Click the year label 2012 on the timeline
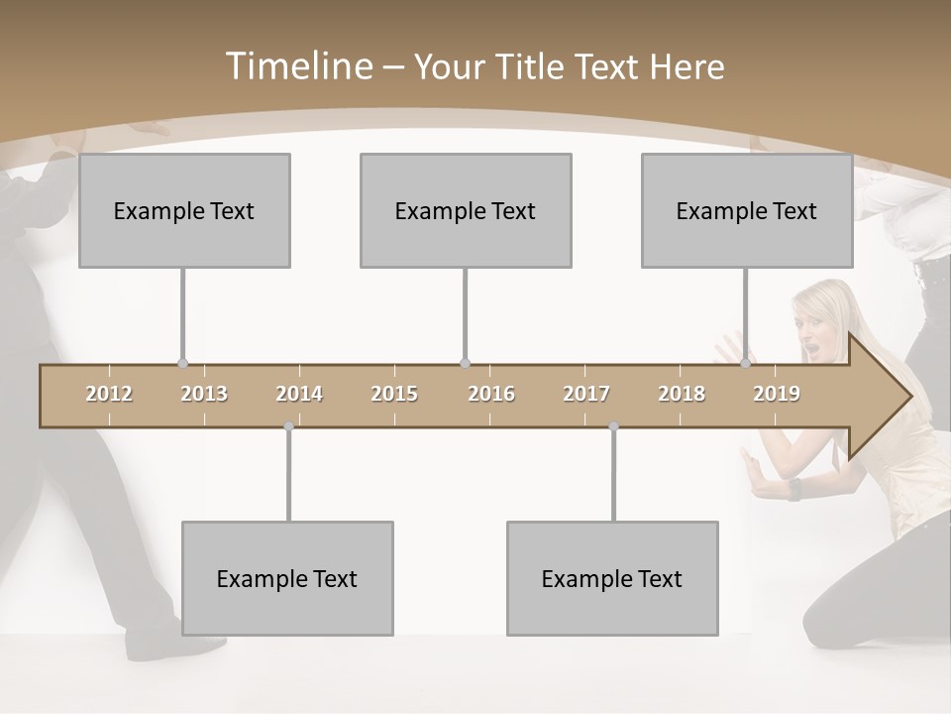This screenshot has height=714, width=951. pos(109,394)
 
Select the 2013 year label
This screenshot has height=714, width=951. pos(204,394)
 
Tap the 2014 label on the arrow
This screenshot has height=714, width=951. pos(299,394)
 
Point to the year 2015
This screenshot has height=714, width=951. pos(394,394)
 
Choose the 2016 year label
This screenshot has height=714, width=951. pos(491,394)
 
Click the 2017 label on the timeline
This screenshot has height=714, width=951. pos(586,394)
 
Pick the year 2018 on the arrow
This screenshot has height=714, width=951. pos(682,394)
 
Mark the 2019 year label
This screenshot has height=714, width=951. pos(777,394)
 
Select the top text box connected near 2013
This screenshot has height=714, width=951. pos(184,210)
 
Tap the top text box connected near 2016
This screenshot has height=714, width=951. pos(466,210)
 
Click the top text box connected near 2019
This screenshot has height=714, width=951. pos(747,210)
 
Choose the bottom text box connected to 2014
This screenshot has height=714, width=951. pos(287,578)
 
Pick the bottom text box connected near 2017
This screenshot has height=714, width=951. pos(612,578)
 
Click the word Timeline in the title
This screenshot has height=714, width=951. pos(297,66)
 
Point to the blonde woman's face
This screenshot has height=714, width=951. pos(821,334)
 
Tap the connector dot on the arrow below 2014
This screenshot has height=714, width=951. pos(288,427)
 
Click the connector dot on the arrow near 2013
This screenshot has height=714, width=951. pos(182,364)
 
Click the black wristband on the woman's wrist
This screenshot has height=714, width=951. pos(793,489)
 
